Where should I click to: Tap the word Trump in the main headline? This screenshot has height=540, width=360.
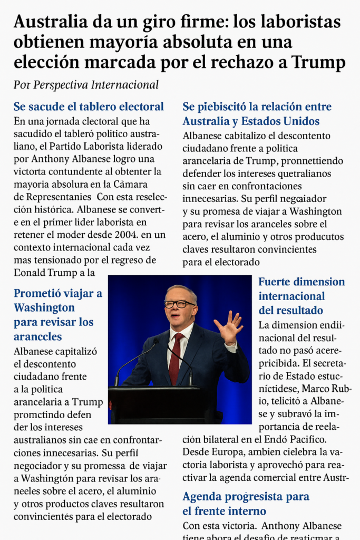click(x=319, y=62)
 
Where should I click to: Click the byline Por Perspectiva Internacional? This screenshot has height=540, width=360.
click(x=86, y=85)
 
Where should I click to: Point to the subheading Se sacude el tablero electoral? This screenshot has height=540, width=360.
click(x=89, y=107)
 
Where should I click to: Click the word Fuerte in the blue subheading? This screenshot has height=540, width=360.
click(x=274, y=282)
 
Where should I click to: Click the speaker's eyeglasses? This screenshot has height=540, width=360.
click(x=179, y=304)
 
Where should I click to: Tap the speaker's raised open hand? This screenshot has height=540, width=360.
click(x=229, y=327)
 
